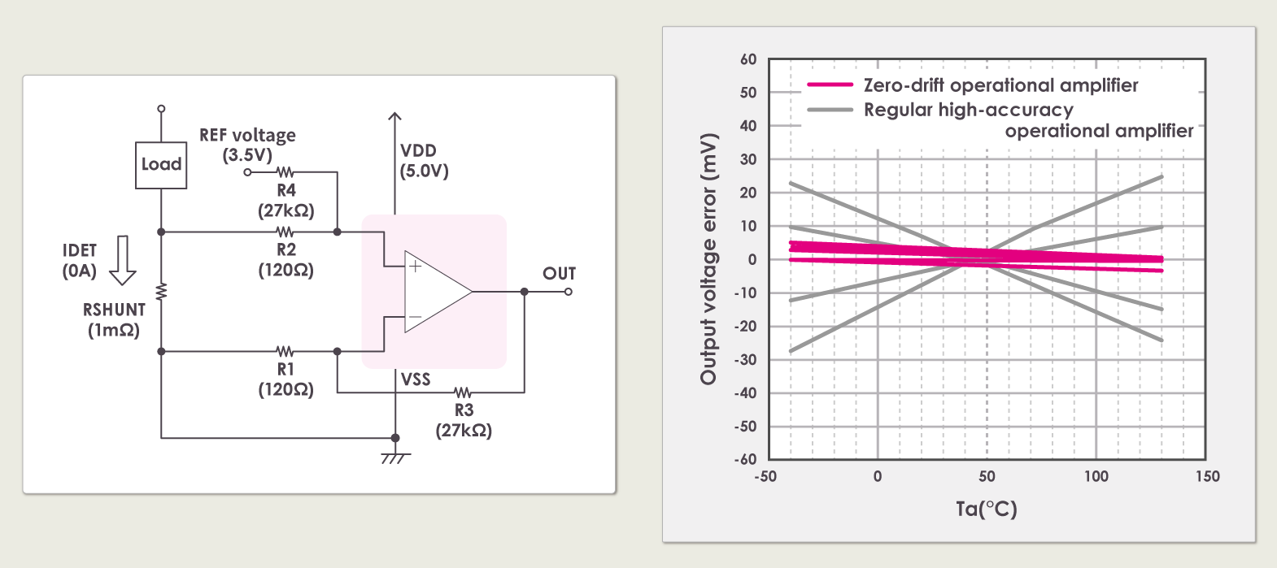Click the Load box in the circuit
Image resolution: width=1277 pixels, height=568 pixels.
(x=161, y=165)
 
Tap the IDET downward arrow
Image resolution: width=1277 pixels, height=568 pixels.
(x=123, y=261)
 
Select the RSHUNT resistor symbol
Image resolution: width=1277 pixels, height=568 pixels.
(x=161, y=292)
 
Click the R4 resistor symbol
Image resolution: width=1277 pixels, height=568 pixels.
(x=285, y=172)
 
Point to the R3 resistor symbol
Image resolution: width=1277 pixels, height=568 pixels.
(x=463, y=392)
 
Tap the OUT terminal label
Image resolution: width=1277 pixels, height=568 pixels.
(x=559, y=274)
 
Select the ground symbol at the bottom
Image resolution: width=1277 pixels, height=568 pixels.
(x=394, y=457)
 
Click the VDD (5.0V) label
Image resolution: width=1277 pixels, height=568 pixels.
(x=424, y=161)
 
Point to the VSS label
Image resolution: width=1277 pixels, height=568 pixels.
(x=415, y=379)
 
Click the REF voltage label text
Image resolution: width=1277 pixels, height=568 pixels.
(x=247, y=136)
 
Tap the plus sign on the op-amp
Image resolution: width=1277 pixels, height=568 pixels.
(x=415, y=266)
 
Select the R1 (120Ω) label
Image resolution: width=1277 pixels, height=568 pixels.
(x=285, y=379)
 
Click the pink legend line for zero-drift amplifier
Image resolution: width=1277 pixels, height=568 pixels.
(x=830, y=85)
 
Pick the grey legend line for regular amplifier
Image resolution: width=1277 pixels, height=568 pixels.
(x=830, y=110)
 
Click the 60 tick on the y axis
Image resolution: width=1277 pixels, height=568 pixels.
(x=748, y=59)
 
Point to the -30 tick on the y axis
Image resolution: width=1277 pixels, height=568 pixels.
(x=745, y=359)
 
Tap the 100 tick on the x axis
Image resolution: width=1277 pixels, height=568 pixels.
(x=1096, y=476)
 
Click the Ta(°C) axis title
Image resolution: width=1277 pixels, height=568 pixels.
(x=986, y=509)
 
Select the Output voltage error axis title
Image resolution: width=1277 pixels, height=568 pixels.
(x=708, y=258)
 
